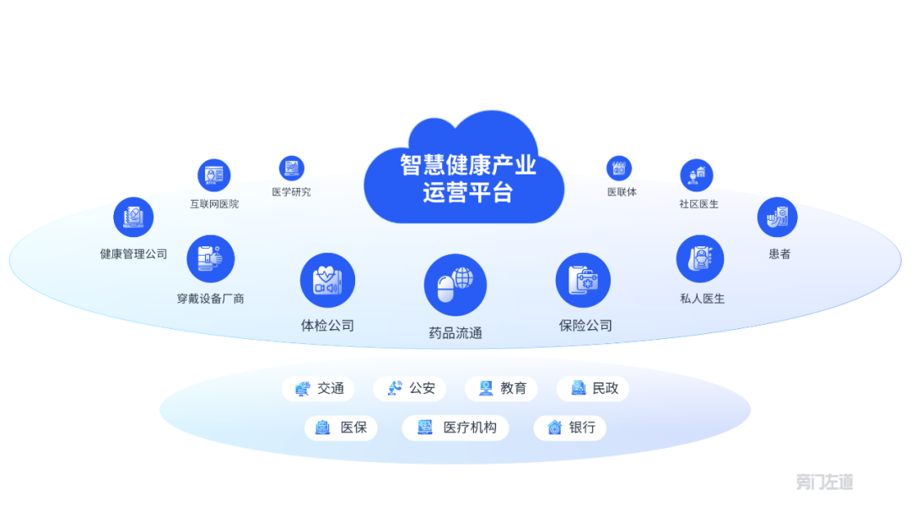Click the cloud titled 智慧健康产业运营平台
[x=464, y=175]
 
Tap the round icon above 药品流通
[x=455, y=285]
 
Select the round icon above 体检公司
[x=327, y=280]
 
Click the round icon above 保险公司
[x=584, y=280]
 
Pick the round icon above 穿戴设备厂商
[x=210, y=259]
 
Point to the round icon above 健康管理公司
[x=133, y=218]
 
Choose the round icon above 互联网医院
[x=213, y=175]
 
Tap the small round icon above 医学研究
[x=292, y=168]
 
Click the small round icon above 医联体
[x=619, y=168]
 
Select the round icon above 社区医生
[x=697, y=175]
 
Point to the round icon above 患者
[x=778, y=218]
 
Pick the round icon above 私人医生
[x=700, y=259]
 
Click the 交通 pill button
[x=318, y=388]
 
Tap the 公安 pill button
[x=410, y=388]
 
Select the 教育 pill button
[x=501, y=388]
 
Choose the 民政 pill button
[x=593, y=388]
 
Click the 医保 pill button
[x=341, y=428]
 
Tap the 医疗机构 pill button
[x=455, y=428]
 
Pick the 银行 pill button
[x=570, y=428]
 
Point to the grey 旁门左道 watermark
[x=824, y=482]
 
